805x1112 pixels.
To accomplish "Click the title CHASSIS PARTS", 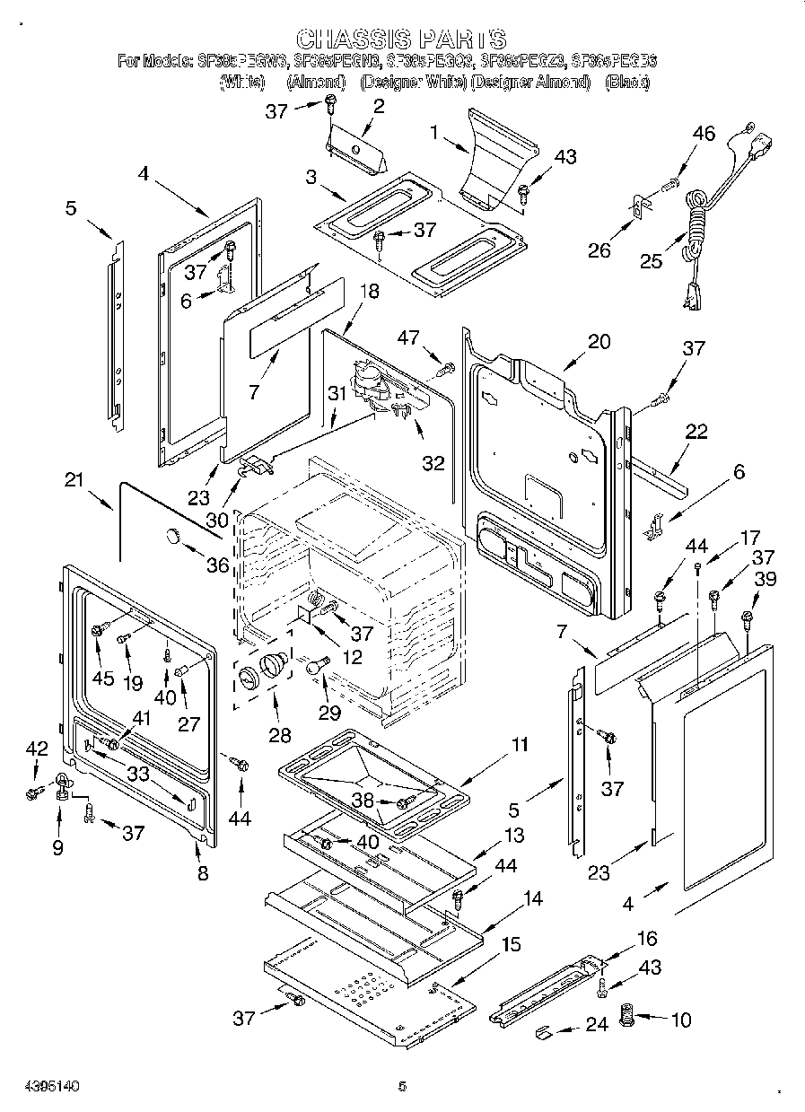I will pos(401,39).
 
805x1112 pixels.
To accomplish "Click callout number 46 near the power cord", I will pos(704,135).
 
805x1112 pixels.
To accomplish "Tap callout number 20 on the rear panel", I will pos(599,341).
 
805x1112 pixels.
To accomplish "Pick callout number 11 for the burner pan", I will pos(520,744).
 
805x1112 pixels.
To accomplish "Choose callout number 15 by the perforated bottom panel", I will pos(511,944).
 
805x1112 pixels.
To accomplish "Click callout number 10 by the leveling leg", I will pos(681,1020).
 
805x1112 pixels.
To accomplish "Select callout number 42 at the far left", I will pos(36,748).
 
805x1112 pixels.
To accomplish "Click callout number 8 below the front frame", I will pos(203,871).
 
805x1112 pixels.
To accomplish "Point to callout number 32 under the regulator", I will pos(433,463).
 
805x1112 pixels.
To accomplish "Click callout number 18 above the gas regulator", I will pos(369,291).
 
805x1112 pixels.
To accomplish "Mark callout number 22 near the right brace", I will pos(696,432).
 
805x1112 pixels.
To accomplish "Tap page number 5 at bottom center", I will pos(402,1086).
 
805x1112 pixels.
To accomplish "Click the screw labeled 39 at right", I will pos(747,617).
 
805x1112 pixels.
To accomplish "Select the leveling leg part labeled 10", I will pos(628,1020).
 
